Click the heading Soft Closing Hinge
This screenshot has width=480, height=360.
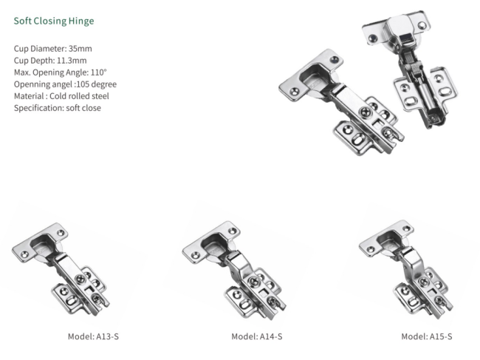click(x=54, y=21)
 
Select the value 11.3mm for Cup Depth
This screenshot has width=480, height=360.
click(x=71, y=60)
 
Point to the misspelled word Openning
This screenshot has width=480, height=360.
click(x=32, y=84)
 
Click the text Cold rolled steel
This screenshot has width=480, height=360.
click(x=80, y=95)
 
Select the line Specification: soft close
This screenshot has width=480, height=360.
click(x=58, y=107)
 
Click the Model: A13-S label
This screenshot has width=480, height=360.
click(x=93, y=336)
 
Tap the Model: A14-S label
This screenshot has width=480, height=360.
click(x=257, y=336)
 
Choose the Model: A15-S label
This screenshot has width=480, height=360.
click(x=427, y=336)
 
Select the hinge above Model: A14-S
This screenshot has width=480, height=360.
click(x=236, y=266)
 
